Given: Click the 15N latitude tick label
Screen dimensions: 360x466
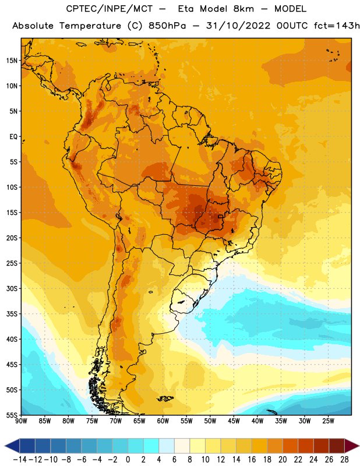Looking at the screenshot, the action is [x=12, y=61].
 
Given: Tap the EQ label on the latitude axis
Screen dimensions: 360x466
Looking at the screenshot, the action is [x=13, y=137].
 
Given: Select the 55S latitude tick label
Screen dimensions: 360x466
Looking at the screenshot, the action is [x=12, y=415].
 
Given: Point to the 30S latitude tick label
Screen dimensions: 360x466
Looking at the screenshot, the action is [x=12, y=288].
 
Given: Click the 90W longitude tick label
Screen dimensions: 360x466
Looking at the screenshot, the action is [x=21, y=421].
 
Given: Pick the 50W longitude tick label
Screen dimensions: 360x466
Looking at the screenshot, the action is [x=210, y=421].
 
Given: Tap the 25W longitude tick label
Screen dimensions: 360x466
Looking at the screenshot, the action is [x=328, y=421].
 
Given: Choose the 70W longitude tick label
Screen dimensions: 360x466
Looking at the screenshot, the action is [x=116, y=421].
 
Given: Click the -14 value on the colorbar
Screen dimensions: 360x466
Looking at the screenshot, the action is [x=20, y=460].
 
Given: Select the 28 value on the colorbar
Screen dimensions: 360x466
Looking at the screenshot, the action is [x=344, y=460].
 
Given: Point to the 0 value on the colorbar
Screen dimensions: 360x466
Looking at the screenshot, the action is [x=128, y=460].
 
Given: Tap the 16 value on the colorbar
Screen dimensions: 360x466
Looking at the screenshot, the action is [x=252, y=460].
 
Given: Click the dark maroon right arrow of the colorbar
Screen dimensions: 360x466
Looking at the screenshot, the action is [x=352, y=446].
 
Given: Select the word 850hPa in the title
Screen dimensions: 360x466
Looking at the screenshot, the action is [x=167, y=26].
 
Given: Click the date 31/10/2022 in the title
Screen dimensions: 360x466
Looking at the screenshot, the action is [x=238, y=26].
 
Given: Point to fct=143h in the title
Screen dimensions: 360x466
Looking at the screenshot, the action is [x=337, y=26].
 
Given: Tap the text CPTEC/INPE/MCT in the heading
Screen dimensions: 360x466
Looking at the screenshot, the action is [x=109, y=9].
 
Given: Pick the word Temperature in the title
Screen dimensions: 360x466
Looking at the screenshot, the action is [x=90, y=26].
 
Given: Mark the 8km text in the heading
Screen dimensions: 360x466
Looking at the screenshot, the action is [x=243, y=9].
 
